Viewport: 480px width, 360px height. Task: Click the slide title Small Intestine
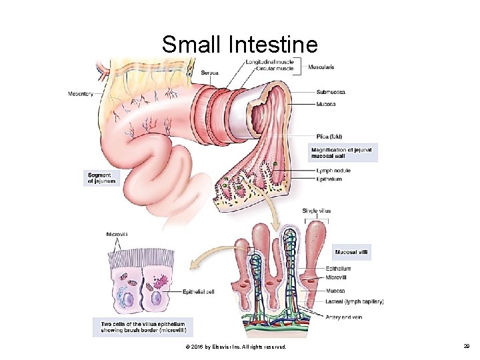[x=239, y=45]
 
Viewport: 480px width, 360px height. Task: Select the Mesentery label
[x=80, y=93]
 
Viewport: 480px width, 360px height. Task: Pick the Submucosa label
[x=330, y=93]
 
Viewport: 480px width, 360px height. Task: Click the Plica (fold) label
[x=329, y=137]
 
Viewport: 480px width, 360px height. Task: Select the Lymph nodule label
[x=333, y=171]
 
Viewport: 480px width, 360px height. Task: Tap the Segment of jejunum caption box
[x=102, y=178]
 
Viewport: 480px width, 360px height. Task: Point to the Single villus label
[x=317, y=211]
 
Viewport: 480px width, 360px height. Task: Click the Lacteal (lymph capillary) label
[x=355, y=301]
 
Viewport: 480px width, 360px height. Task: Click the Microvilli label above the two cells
[x=117, y=233]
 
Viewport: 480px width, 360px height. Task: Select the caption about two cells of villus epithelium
[x=143, y=327]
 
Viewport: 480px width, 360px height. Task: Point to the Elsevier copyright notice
[x=237, y=347]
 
